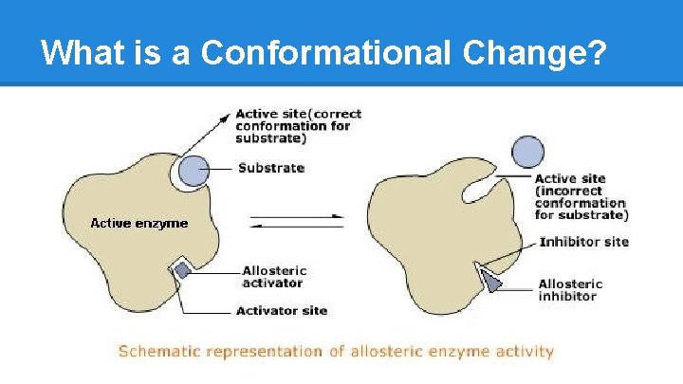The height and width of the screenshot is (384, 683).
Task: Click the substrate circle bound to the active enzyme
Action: click(x=194, y=170)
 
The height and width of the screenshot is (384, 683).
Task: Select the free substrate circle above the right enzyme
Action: click(x=528, y=152)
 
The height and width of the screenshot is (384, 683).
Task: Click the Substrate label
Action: click(x=270, y=168)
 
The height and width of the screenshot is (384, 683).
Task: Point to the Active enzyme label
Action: click(x=138, y=223)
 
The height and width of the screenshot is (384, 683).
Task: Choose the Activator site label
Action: click(x=281, y=310)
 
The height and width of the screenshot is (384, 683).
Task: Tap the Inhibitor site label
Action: click(x=583, y=242)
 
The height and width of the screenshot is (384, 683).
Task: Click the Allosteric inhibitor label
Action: click(x=569, y=289)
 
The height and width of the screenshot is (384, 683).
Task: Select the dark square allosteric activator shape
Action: click(x=182, y=270)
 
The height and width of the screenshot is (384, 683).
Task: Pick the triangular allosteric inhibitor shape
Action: click(x=492, y=282)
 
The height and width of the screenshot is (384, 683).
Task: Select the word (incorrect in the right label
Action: click(x=570, y=191)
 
